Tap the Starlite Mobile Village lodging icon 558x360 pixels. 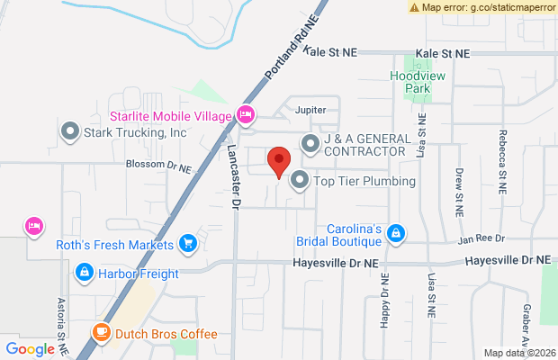click(245, 114)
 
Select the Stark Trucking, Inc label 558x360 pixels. click(135, 132)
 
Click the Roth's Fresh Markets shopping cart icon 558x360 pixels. click(188, 243)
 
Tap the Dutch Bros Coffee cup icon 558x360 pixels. click(102, 334)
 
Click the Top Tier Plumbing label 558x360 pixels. click(364, 181)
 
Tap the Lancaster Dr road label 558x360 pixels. click(232, 178)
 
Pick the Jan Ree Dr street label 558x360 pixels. click(481, 239)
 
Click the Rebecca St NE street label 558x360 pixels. click(502, 158)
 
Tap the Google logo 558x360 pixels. click(31, 349)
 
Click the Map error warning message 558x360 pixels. click(482, 7)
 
